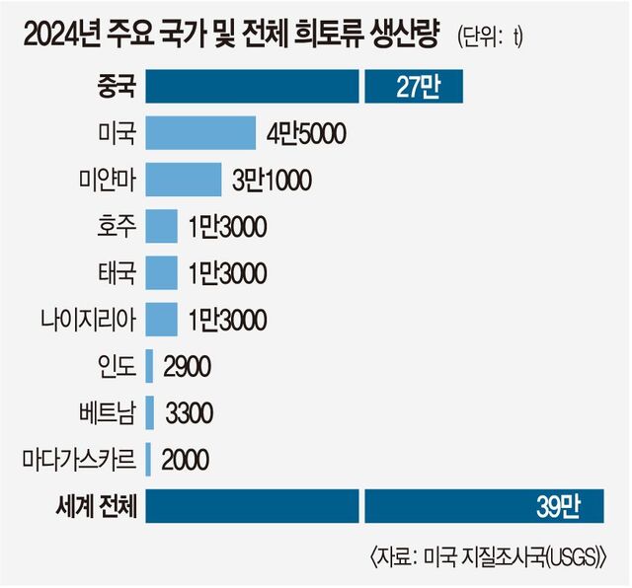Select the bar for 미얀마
pos(183,179)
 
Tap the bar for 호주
pos(161,225)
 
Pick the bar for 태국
pos(161,271)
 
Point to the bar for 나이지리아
pos(161,318)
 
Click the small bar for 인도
pos(149,365)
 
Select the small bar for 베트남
pos(150,411)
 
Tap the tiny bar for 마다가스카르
pos(148,458)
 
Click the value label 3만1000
pos(272,179)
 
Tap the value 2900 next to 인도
pos(187,365)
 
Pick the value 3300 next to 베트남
pos(188,411)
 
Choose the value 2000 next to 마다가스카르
pos(185,458)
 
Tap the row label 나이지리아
pos(88,318)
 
